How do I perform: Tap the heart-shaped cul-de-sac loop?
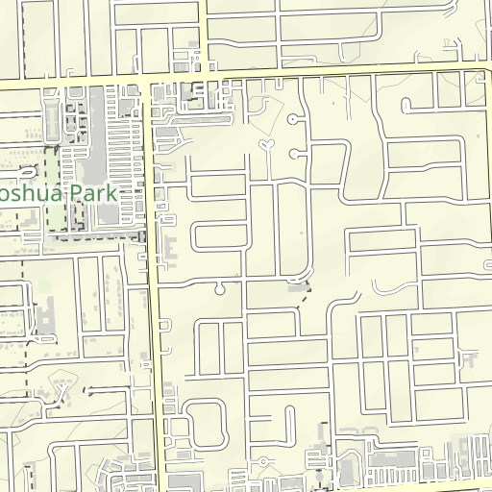pos(267,145)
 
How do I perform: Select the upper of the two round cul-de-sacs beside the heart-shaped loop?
pos(292,120)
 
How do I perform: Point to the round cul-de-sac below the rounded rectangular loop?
pos(220,287)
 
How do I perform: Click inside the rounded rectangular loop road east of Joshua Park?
pos(217,236)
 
